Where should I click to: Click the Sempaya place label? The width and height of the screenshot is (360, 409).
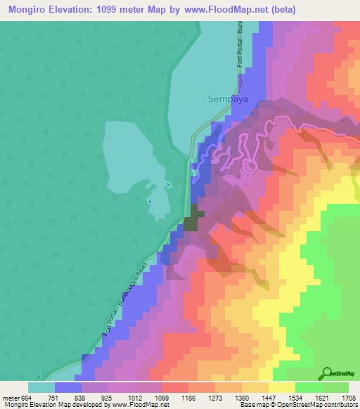coord(224,99)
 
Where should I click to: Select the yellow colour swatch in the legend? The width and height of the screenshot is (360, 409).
coord(282,387)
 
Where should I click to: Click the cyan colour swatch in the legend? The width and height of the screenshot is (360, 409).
coord(41,387)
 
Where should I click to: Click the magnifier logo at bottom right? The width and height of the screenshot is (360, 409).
coord(328,373)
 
